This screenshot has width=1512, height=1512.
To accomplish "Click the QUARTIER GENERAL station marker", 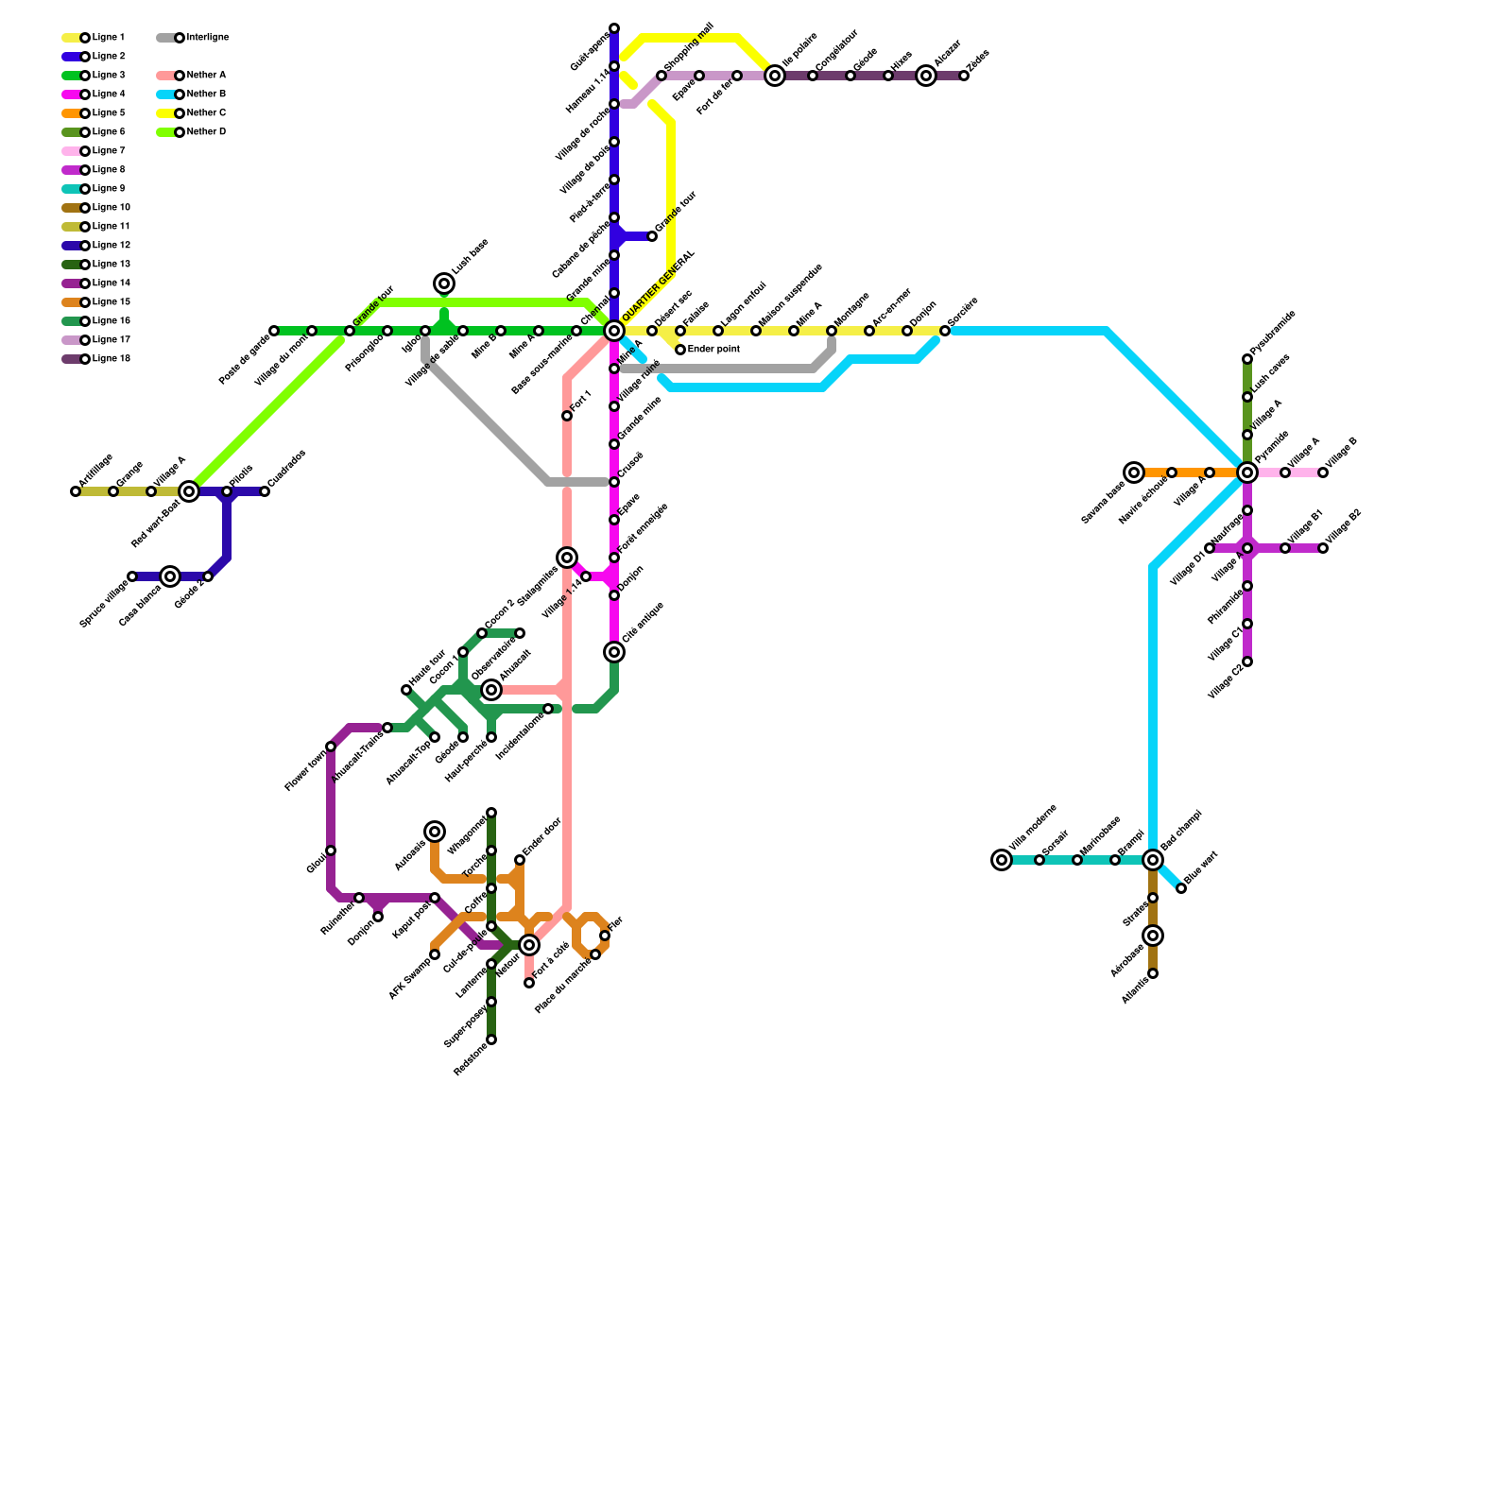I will tap(614, 331).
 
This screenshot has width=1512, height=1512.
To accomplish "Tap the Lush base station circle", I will tap(444, 283).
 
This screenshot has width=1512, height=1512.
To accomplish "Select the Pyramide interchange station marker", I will tap(1247, 472).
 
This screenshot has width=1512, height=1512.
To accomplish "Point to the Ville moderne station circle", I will tap(1002, 860).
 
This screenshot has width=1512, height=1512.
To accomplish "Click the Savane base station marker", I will tap(1134, 472).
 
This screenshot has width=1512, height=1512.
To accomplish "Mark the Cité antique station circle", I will tap(614, 652).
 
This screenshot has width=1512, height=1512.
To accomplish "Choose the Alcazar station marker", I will tap(926, 76).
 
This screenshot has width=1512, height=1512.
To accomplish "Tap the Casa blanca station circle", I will tap(170, 576).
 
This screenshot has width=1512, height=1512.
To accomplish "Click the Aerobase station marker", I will tap(1153, 936).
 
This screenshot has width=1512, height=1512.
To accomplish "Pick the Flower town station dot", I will tap(331, 747).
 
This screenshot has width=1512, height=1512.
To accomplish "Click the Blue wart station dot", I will tap(1181, 888).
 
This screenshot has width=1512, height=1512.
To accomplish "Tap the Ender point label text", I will tap(713, 350).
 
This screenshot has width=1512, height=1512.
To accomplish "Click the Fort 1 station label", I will tap(582, 401).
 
